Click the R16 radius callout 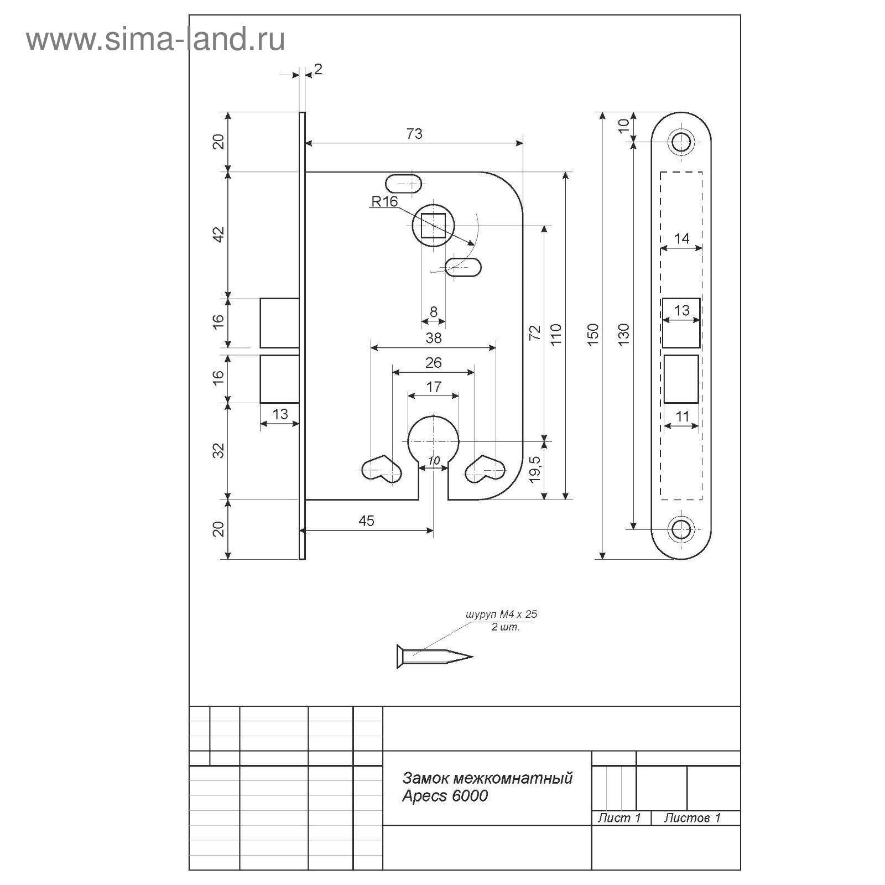384,201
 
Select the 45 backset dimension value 367,520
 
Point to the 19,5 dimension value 535,470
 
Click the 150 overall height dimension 592,335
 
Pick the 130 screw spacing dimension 623,335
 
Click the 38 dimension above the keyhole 434,337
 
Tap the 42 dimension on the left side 220,235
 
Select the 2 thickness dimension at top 318,69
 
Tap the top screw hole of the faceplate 681,142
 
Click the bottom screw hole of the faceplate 681,529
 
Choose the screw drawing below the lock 435,657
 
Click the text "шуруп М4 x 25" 502,615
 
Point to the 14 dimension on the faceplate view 682,238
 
